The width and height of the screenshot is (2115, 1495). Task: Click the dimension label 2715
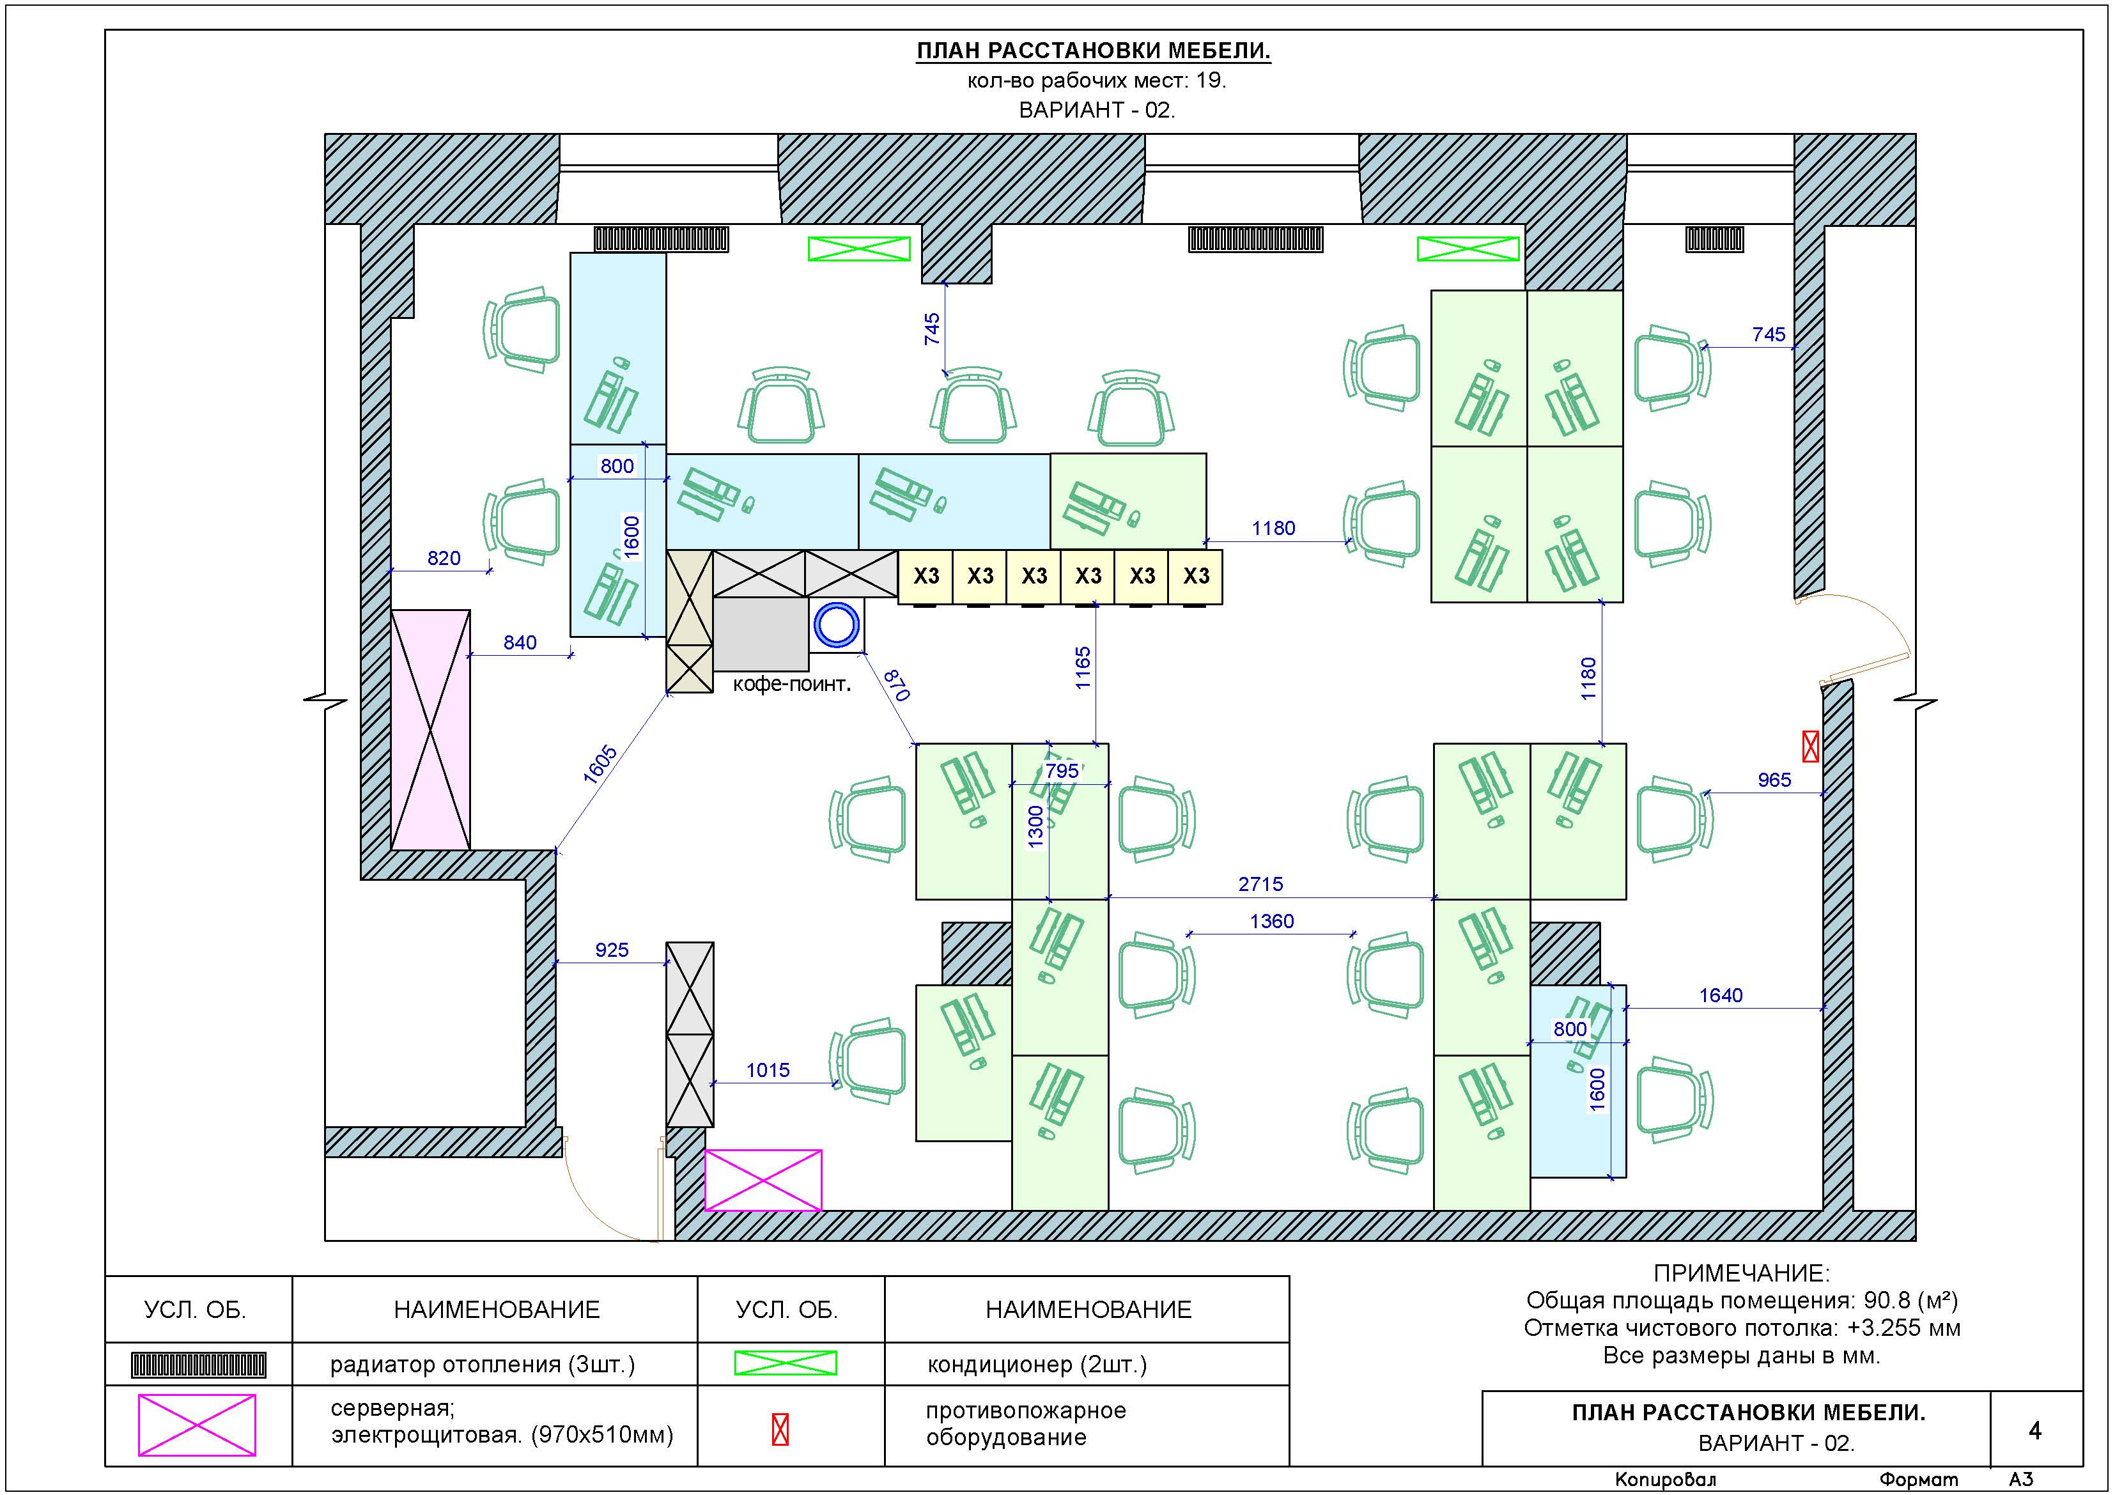(x=1260, y=885)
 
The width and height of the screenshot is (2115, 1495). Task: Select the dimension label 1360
(x=1271, y=921)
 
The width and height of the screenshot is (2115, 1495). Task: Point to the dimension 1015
(x=768, y=1071)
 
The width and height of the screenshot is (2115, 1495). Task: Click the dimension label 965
(x=1774, y=780)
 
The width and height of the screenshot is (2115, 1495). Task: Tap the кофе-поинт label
(x=791, y=685)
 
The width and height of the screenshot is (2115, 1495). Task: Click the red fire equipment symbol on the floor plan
(x=1810, y=746)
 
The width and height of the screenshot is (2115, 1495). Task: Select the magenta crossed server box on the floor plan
(x=763, y=1180)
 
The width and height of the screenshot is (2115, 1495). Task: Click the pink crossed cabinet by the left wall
(x=430, y=729)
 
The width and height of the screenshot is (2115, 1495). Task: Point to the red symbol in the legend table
(x=780, y=1430)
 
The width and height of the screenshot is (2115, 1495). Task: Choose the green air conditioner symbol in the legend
(x=785, y=1363)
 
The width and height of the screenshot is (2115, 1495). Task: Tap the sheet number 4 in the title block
(x=2035, y=1430)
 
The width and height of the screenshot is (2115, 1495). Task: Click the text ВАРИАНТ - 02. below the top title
(x=1096, y=111)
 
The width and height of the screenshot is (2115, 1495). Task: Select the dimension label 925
(x=612, y=950)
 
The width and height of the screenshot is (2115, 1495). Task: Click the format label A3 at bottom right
(x=2021, y=1480)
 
